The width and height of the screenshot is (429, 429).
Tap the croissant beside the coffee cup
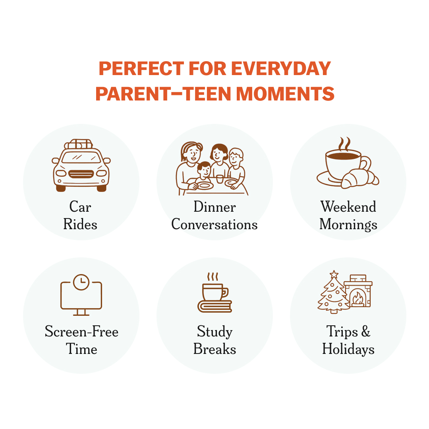pos(359,178)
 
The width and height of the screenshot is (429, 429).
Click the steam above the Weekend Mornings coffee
pos(344,144)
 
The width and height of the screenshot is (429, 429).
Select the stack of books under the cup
pos(214,306)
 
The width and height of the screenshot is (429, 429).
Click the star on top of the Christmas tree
pos(334,274)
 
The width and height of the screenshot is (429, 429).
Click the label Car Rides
pos(80,216)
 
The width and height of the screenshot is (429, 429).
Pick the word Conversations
pos(214,224)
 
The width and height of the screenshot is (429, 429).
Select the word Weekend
pos(348,207)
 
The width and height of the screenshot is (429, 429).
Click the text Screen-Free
pos(81,332)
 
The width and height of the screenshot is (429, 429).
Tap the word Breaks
pos(214,349)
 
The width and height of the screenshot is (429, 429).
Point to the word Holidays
pos(348,350)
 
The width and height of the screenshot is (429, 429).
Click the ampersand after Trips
pos(365,332)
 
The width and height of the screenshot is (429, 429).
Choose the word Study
pos(214,332)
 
